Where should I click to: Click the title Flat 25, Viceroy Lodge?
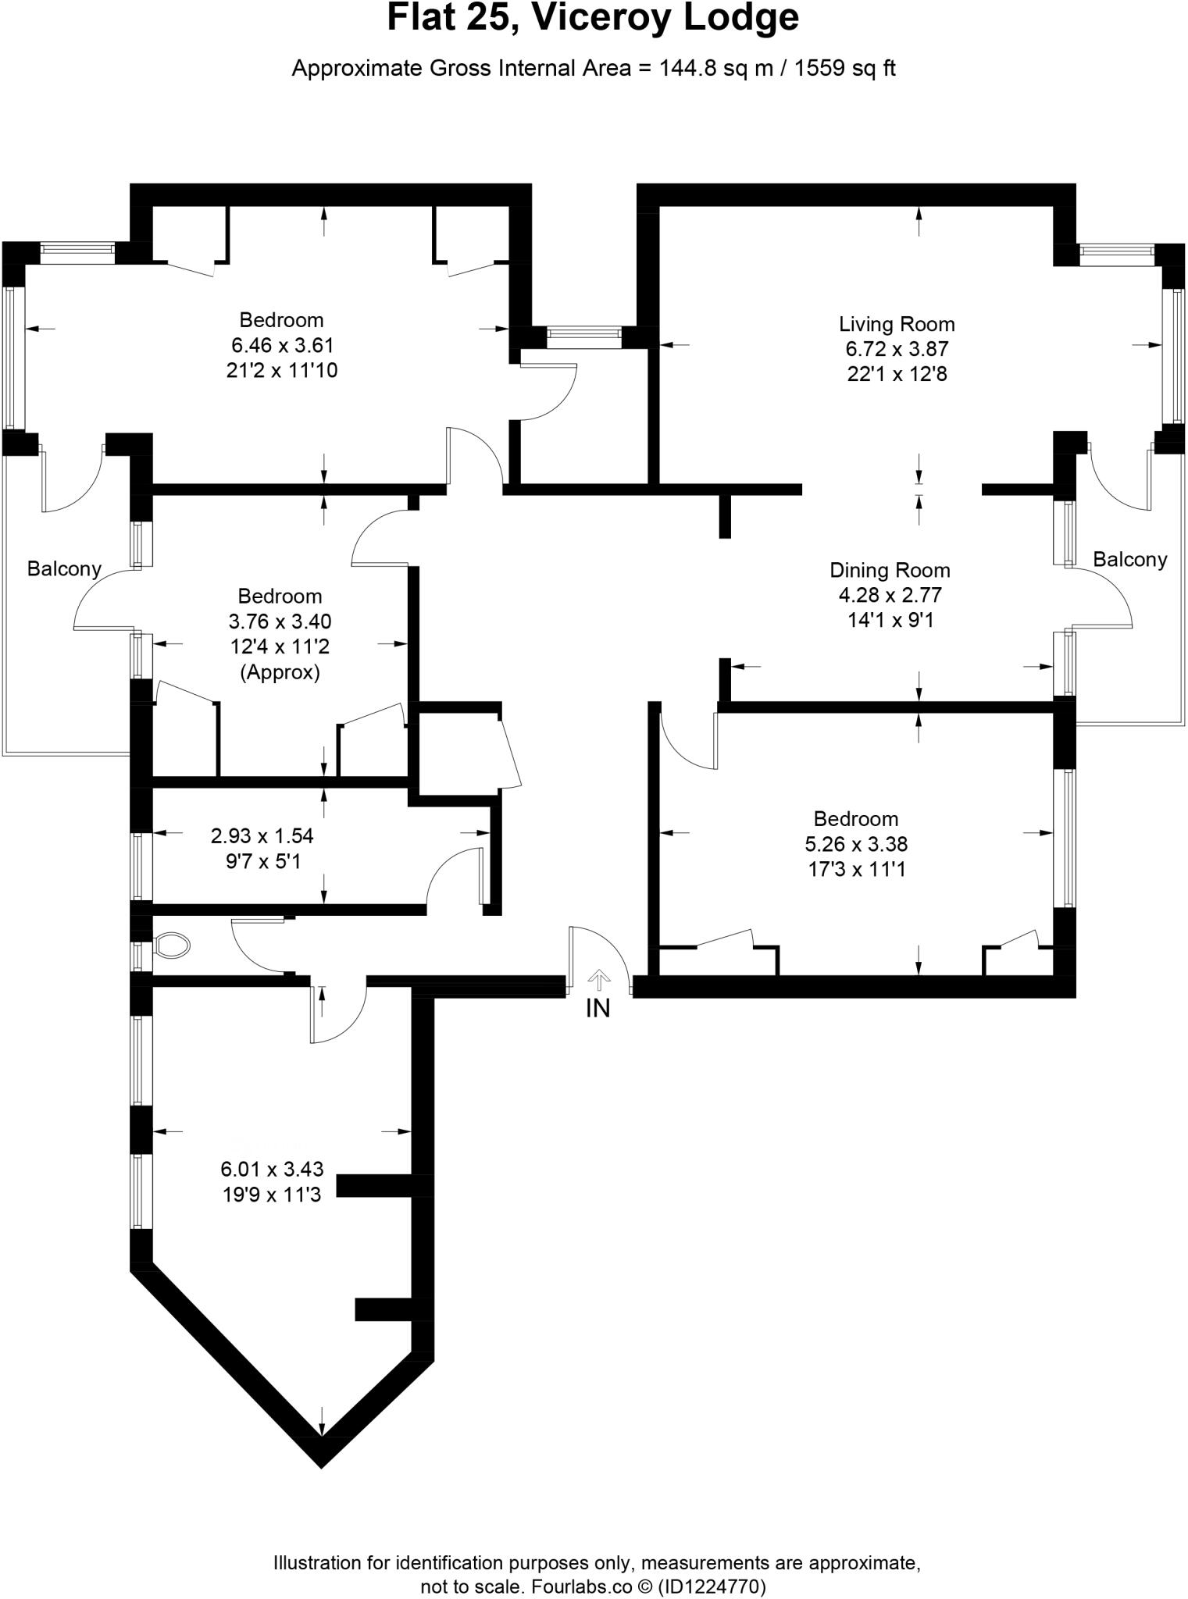593,19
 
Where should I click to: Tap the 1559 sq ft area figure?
845,69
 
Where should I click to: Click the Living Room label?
897,324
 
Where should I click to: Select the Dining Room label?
890,570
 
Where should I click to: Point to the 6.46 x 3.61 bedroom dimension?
282,345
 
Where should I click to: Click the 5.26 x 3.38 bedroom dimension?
856,844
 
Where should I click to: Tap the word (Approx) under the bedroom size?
280,672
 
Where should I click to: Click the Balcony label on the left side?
64,568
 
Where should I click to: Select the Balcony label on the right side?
1129,559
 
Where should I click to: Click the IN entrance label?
598,1009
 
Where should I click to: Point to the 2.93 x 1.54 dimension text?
262,836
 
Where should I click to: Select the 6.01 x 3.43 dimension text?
272,1169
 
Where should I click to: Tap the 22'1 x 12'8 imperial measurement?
897,374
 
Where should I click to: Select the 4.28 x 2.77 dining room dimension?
890,595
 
